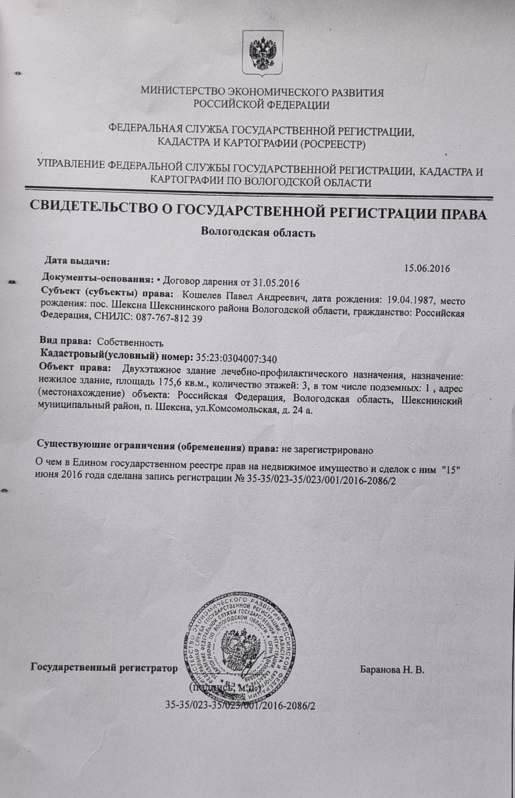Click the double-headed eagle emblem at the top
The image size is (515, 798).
(x=263, y=54)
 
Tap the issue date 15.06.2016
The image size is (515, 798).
(x=427, y=268)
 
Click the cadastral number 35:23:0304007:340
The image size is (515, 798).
(x=236, y=359)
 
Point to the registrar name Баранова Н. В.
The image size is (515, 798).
(x=392, y=669)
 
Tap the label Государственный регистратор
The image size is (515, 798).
(x=104, y=667)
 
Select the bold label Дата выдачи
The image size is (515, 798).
(x=77, y=261)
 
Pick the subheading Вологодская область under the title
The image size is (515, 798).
(x=258, y=232)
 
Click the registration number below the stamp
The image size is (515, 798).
(x=240, y=705)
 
